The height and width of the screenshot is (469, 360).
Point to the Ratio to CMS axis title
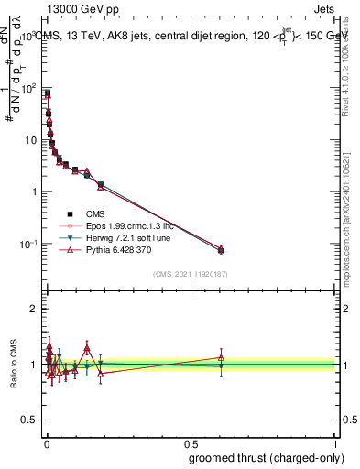pos(14,366)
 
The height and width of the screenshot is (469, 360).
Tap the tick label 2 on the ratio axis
pos(33,309)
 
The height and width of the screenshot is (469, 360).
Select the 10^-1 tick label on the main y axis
pos(27,244)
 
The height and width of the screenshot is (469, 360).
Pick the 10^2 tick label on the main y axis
pos(28,89)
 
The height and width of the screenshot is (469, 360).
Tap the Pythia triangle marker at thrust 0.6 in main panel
pos(221,248)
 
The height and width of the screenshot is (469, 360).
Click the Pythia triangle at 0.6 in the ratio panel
pos(221,358)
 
